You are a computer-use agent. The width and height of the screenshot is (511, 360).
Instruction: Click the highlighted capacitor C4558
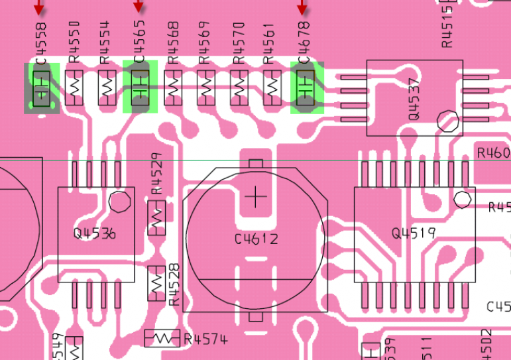click(42, 88)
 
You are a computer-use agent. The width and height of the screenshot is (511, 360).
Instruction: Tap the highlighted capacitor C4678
click(306, 87)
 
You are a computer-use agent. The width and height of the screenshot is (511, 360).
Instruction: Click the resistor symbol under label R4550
click(74, 87)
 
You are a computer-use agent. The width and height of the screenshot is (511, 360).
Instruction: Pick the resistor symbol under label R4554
click(107, 87)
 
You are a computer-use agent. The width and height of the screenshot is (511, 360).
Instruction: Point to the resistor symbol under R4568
click(174, 87)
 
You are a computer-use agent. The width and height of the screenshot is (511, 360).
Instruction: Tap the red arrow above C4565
click(139, 7)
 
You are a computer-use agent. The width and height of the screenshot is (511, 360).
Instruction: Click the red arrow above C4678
click(302, 7)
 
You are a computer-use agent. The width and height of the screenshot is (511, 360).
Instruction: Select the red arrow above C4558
click(39, 7)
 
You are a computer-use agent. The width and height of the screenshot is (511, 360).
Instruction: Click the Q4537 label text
click(414, 99)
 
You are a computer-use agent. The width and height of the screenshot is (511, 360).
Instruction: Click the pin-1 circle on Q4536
click(119, 201)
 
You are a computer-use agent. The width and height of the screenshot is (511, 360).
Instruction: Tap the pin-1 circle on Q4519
click(462, 198)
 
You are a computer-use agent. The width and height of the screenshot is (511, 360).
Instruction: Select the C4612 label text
click(256, 239)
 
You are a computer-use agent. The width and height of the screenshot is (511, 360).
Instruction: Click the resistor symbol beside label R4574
click(162, 338)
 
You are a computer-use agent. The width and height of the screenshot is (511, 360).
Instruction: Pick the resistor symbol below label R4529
click(157, 217)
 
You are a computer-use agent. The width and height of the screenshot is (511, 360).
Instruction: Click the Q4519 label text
click(413, 233)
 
